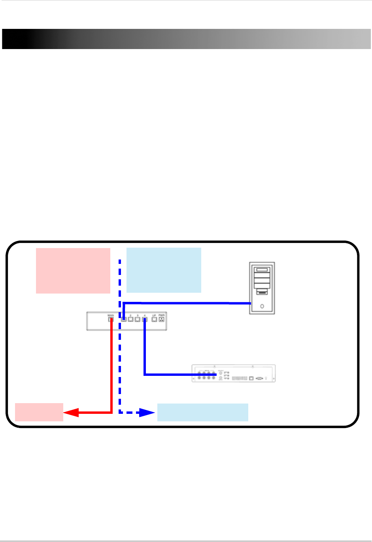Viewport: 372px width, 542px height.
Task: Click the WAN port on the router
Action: tap(111, 319)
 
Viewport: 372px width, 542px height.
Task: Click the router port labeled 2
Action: tap(130, 319)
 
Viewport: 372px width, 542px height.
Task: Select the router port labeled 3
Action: tap(138, 319)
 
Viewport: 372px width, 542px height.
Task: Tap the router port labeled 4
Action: tap(145, 319)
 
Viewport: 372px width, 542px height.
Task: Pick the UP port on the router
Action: tap(154, 319)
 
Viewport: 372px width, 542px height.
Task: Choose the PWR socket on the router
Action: tap(161, 319)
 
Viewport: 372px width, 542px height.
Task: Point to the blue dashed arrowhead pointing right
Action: tap(147, 413)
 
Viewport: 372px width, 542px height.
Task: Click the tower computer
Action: tap(262, 288)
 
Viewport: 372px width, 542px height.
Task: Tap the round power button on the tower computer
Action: tap(262, 306)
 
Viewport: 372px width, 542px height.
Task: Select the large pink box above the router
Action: tap(73, 271)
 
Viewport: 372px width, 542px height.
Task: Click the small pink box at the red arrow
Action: tap(39, 412)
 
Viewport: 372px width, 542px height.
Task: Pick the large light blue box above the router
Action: tap(164, 270)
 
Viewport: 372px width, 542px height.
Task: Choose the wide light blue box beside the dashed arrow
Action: tap(202, 412)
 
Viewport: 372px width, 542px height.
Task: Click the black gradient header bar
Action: tap(186, 39)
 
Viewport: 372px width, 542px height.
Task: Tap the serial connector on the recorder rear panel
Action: tap(259, 378)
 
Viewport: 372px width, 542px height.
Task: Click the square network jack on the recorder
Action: tap(251, 378)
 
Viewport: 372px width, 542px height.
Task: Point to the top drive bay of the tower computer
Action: tap(262, 270)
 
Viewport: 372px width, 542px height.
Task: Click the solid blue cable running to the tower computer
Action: tap(186, 303)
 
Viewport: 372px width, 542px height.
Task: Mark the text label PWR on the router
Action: tap(161, 315)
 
